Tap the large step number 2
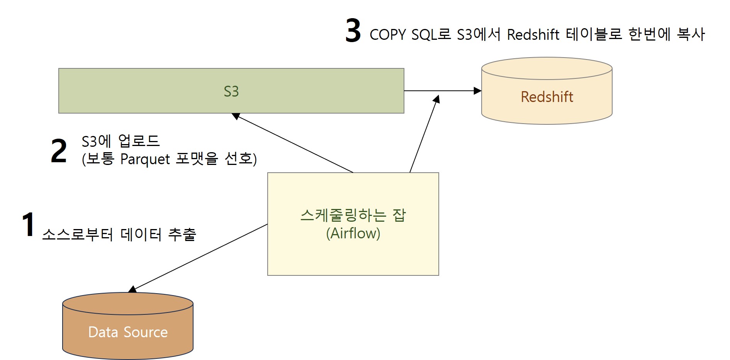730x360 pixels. (59, 151)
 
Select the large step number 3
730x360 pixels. (353, 31)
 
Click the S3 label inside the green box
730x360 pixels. (231, 92)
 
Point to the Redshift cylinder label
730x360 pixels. (547, 97)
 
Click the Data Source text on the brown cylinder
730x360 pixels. (128, 332)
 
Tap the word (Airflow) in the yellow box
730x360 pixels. (353, 233)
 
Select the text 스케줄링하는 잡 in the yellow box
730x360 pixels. (353, 215)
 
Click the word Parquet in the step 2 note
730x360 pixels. (145, 159)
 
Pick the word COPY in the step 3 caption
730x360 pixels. (387, 35)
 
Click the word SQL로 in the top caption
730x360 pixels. (431, 35)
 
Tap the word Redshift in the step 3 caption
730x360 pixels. (533, 35)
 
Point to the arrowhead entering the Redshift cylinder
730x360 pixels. (478, 91)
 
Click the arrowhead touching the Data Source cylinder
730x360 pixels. (132, 289)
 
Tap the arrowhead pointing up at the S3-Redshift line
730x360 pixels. (437, 99)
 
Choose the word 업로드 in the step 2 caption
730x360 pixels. (139, 141)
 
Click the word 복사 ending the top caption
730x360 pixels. (691, 35)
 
